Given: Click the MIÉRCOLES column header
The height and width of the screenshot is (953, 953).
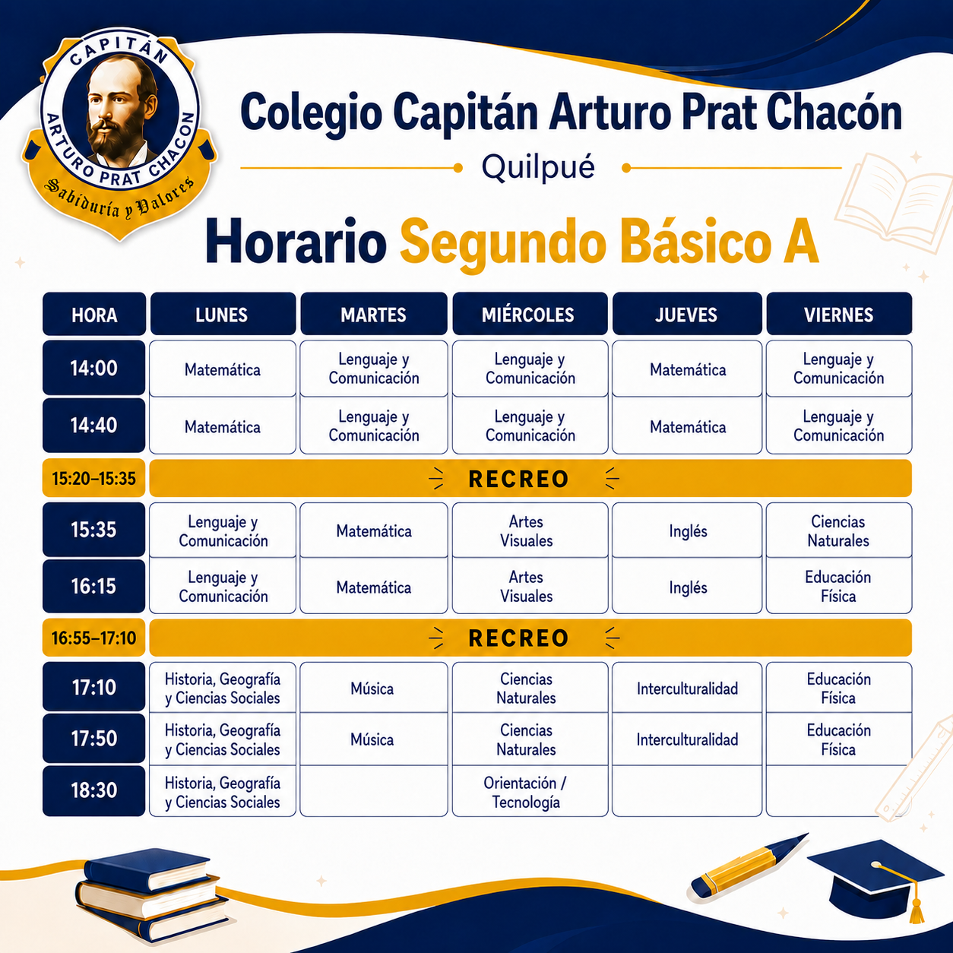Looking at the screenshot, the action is pyautogui.click(x=530, y=314).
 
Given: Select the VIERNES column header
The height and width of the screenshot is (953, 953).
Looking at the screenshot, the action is pyautogui.click(x=839, y=314).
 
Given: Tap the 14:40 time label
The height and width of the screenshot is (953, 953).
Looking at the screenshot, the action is pyautogui.click(x=94, y=426).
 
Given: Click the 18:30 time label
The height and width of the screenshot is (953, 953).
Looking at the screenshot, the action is pyautogui.click(x=94, y=790).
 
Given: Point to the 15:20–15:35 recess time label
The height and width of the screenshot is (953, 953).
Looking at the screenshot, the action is pyautogui.click(x=94, y=478).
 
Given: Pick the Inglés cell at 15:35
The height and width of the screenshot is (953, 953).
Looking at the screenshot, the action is pyautogui.click(x=687, y=530).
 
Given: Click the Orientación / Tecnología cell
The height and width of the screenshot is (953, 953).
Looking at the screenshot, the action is pyautogui.click(x=530, y=791).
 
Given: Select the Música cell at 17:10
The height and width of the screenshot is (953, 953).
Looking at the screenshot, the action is pyautogui.click(x=373, y=688).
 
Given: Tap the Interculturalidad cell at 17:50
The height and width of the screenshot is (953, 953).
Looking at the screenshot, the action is pyautogui.click(x=687, y=739).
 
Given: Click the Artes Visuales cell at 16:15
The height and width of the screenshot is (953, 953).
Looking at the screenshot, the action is pyautogui.click(x=530, y=586).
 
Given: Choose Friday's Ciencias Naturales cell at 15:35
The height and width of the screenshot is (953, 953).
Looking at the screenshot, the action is pyautogui.click(x=839, y=530).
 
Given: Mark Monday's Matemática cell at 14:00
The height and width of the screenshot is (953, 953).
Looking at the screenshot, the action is pyautogui.click(x=223, y=369).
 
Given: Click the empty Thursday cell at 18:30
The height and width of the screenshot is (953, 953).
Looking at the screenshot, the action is pyautogui.click(x=687, y=791).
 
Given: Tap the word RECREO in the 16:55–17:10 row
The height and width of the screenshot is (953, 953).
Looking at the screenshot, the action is pyautogui.click(x=518, y=638).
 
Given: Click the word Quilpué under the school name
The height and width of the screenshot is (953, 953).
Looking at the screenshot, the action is pyautogui.click(x=538, y=168).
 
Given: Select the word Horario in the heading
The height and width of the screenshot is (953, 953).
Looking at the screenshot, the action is pyautogui.click(x=296, y=242).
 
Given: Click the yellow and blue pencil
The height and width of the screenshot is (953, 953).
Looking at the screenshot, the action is pyautogui.click(x=749, y=866).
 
